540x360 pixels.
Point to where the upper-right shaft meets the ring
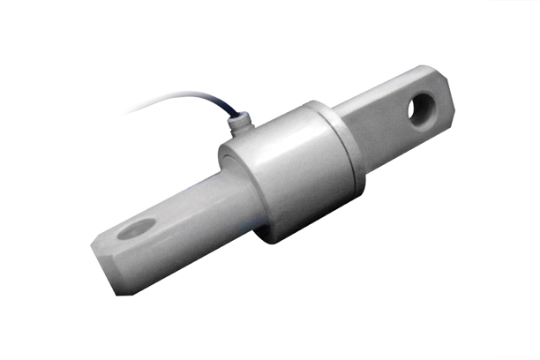pos(340,115)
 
